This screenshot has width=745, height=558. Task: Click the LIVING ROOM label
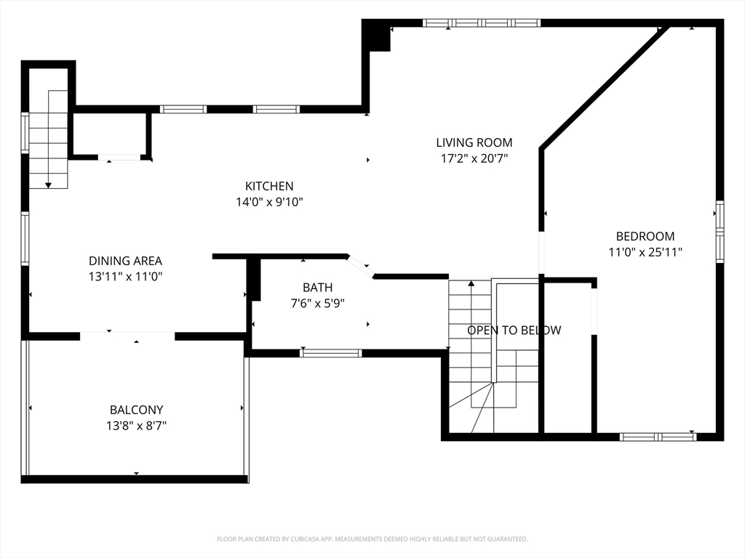click(x=474, y=142)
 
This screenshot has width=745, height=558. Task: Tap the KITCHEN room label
click(x=268, y=186)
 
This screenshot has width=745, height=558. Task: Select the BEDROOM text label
click(x=645, y=236)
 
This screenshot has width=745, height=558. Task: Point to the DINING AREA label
click(x=125, y=261)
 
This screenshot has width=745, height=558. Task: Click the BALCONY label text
click(x=136, y=410)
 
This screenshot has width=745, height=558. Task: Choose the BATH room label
click(x=317, y=287)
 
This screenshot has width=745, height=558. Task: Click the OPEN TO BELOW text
click(x=514, y=331)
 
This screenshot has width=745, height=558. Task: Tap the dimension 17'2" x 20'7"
click(x=474, y=158)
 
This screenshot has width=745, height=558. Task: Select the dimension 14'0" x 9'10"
click(x=268, y=202)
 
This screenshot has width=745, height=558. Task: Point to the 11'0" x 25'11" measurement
click(x=645, y=252)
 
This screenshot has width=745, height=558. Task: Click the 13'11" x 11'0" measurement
click(x=125, y=277)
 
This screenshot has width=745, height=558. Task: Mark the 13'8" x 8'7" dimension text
click(x=136, y=426)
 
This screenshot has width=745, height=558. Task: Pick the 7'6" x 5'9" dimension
click(x=317, y=303)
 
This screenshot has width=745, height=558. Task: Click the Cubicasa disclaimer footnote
click(x=372, y=539)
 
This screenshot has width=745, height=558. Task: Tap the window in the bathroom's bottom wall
click(x=331, y=353)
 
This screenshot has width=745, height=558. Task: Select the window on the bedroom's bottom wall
click(x=658, y=437)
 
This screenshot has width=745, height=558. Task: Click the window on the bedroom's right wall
click(x=720, y=232)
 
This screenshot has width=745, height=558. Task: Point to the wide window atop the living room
click(x=481, y=23)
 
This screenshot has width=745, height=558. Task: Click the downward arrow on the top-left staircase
click(x=48, y=185)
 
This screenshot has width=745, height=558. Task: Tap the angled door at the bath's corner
click(x=360, y=266)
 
